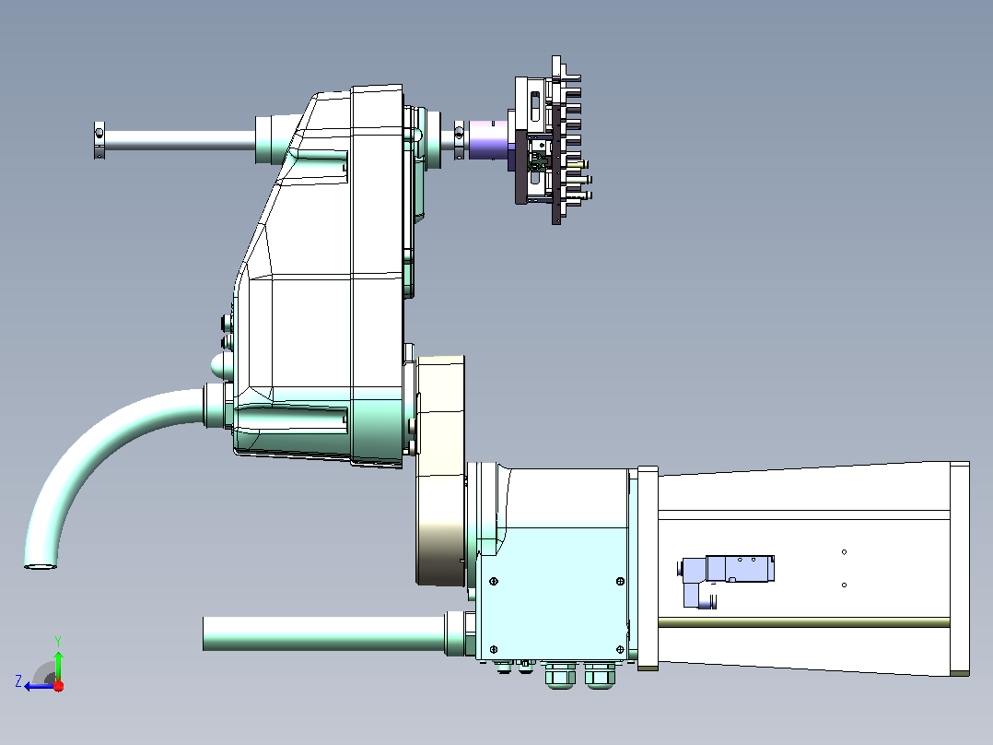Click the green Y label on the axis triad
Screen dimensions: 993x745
point(58,641)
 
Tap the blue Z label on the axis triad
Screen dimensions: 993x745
point(18,681)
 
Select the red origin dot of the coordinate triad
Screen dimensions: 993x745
point(58,686)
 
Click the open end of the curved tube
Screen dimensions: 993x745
point(41,565)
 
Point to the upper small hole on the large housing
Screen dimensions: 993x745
point(844,552)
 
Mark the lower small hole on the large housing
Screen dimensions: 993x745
point(844,585)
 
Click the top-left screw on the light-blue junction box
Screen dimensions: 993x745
point(494,581)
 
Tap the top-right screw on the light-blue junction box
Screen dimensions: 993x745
point(620,581)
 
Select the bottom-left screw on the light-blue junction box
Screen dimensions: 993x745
point(494,649)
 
